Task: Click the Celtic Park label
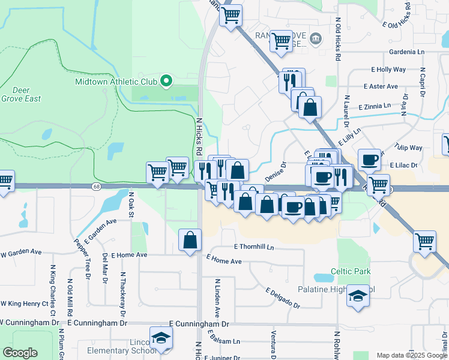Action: [354, 271]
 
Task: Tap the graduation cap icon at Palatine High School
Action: [358, 297]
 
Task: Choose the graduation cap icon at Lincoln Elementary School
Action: [161, 340]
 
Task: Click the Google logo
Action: [20, 353]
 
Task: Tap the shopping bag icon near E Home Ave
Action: [190, 241]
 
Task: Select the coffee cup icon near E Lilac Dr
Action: [370, 160]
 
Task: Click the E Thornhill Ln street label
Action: [254, 247]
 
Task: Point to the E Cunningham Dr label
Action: [199, 324]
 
